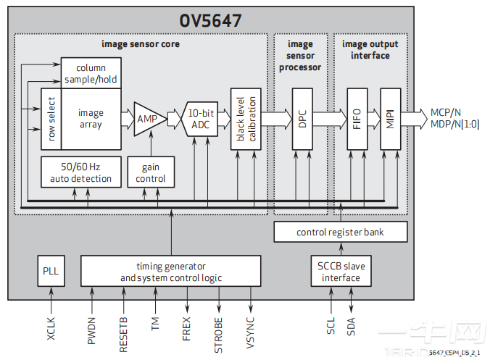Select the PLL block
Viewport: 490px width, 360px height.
click(51, 271)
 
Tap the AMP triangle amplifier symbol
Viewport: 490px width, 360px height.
click(147, 117)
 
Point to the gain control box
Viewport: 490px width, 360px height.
click(151, 172)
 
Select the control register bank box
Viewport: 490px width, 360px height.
click(340, 233)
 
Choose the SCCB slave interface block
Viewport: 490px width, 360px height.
click(341, 271)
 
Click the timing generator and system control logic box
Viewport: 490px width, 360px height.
click(170, 271)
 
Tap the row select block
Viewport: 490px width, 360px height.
click(50, 119)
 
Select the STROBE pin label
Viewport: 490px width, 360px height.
click(218, 332)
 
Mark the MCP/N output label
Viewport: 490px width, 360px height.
click(446, 113)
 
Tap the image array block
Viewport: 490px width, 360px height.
click(90, 119)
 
